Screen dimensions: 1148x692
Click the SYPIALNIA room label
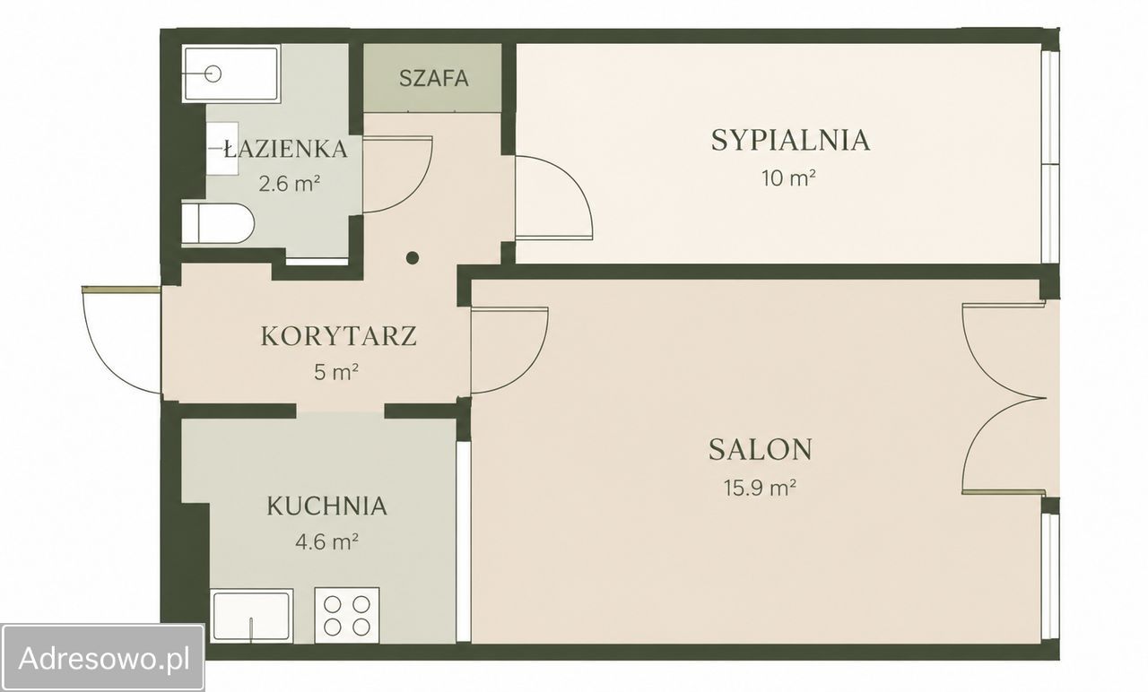pyautogui.click(x=790, y=141)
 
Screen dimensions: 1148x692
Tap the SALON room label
pyautogui.click(x=760, y=449)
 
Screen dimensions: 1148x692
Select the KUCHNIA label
pyautogui.click(x=326, y=506)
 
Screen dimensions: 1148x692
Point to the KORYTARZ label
pyautogui.click(x=339, y=336)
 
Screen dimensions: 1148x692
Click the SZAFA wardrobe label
pyautogui.click(x=433, y=78)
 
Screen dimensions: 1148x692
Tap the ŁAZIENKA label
pyautogui.click(x=286, y=149)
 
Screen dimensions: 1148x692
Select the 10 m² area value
pyautogui.click(x=788, y=178)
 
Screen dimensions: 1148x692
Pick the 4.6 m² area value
pyautogui.click(x=326, y=541)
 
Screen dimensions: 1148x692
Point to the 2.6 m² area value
pyautogui.click(x=290, y=183)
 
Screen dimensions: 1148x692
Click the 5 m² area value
pyautogui.click(x=335, y=372)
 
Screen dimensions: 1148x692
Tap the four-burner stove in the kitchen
pyautogui.click(x=347, y=615)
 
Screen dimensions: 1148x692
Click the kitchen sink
pyautogui.click(x=252, y=616)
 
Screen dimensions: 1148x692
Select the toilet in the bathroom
pyautogui.click(x=218, y=223)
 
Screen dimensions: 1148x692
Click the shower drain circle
pyautogui.click(x=213, y=74)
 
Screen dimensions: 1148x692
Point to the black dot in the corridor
pyautogui.click(x=412, y=257)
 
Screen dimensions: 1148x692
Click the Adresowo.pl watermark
pyautogui.click(x=104, y=658)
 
